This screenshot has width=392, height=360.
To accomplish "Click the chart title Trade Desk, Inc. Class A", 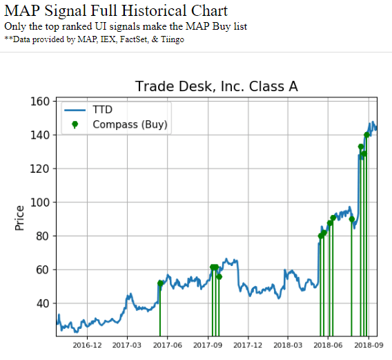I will click(x=217, y=86).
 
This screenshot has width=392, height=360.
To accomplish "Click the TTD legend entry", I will click(x=104, y=110).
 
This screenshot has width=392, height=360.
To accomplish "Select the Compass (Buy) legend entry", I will click(x=130, y=124).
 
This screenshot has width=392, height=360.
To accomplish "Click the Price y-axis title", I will click(x=19, y=218).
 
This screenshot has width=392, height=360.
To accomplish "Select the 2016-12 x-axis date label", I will click(x=88, y=345).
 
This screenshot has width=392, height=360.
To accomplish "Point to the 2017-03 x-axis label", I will click(x=128, y=345).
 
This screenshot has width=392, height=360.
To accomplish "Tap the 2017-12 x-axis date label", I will click(x=248, y=345).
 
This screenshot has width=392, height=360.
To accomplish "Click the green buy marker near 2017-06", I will click(x=160, y=283).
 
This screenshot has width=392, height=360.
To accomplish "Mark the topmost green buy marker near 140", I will click(x=367, y=135).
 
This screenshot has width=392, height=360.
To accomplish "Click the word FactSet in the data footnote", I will click(x=133, y=39).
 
